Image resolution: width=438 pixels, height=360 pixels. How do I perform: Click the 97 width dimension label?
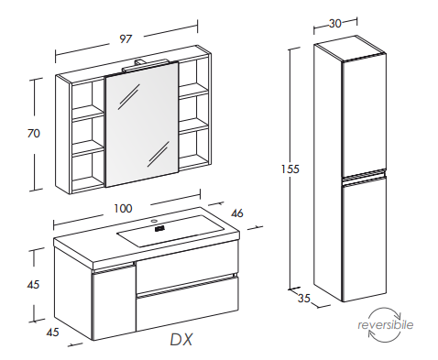(x=126, y=39)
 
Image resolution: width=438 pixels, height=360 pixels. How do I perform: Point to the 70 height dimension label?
(x=34, y=134)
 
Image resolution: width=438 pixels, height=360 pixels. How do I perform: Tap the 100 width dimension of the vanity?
(x=123, y=209)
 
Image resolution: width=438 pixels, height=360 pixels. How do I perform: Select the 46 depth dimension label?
(x=237, y=213)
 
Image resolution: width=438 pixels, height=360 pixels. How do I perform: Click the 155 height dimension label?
(x=290, y=169)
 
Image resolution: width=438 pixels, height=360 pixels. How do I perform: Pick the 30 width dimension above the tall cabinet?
(x=335, y=24)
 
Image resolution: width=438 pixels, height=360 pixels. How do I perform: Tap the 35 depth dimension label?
(x=304, y=299)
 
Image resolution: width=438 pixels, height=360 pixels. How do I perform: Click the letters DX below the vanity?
(x=181, y=339)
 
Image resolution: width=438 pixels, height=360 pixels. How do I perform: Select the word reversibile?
(x=386, y=325)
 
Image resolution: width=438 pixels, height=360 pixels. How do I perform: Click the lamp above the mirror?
(x=145, y=65)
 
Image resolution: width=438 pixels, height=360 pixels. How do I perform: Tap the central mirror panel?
(x=141, y=124)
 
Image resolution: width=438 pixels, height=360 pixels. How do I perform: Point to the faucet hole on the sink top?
(x=155, y=221)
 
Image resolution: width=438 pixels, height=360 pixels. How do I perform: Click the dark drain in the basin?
(x=159, y=228)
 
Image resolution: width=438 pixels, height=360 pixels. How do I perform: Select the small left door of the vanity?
(x=114, y=302)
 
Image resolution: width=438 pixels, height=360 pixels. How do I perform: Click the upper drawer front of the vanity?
(x=186, y=267)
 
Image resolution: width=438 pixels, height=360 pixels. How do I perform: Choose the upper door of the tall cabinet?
(x=364, y=116)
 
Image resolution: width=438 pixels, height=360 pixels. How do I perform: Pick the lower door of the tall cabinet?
(x=364, y=239)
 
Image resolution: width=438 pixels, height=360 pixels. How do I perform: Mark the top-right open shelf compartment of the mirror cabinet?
(x=194, y=74)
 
